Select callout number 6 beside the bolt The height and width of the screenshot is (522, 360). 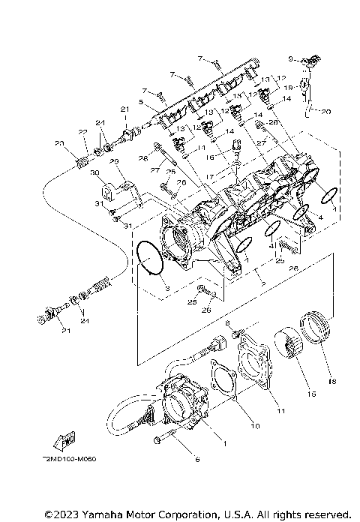(197, 459)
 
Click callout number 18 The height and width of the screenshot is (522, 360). (327, 381)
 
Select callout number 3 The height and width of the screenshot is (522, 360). (168, 288)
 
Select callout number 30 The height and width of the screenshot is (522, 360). (95, 173)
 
